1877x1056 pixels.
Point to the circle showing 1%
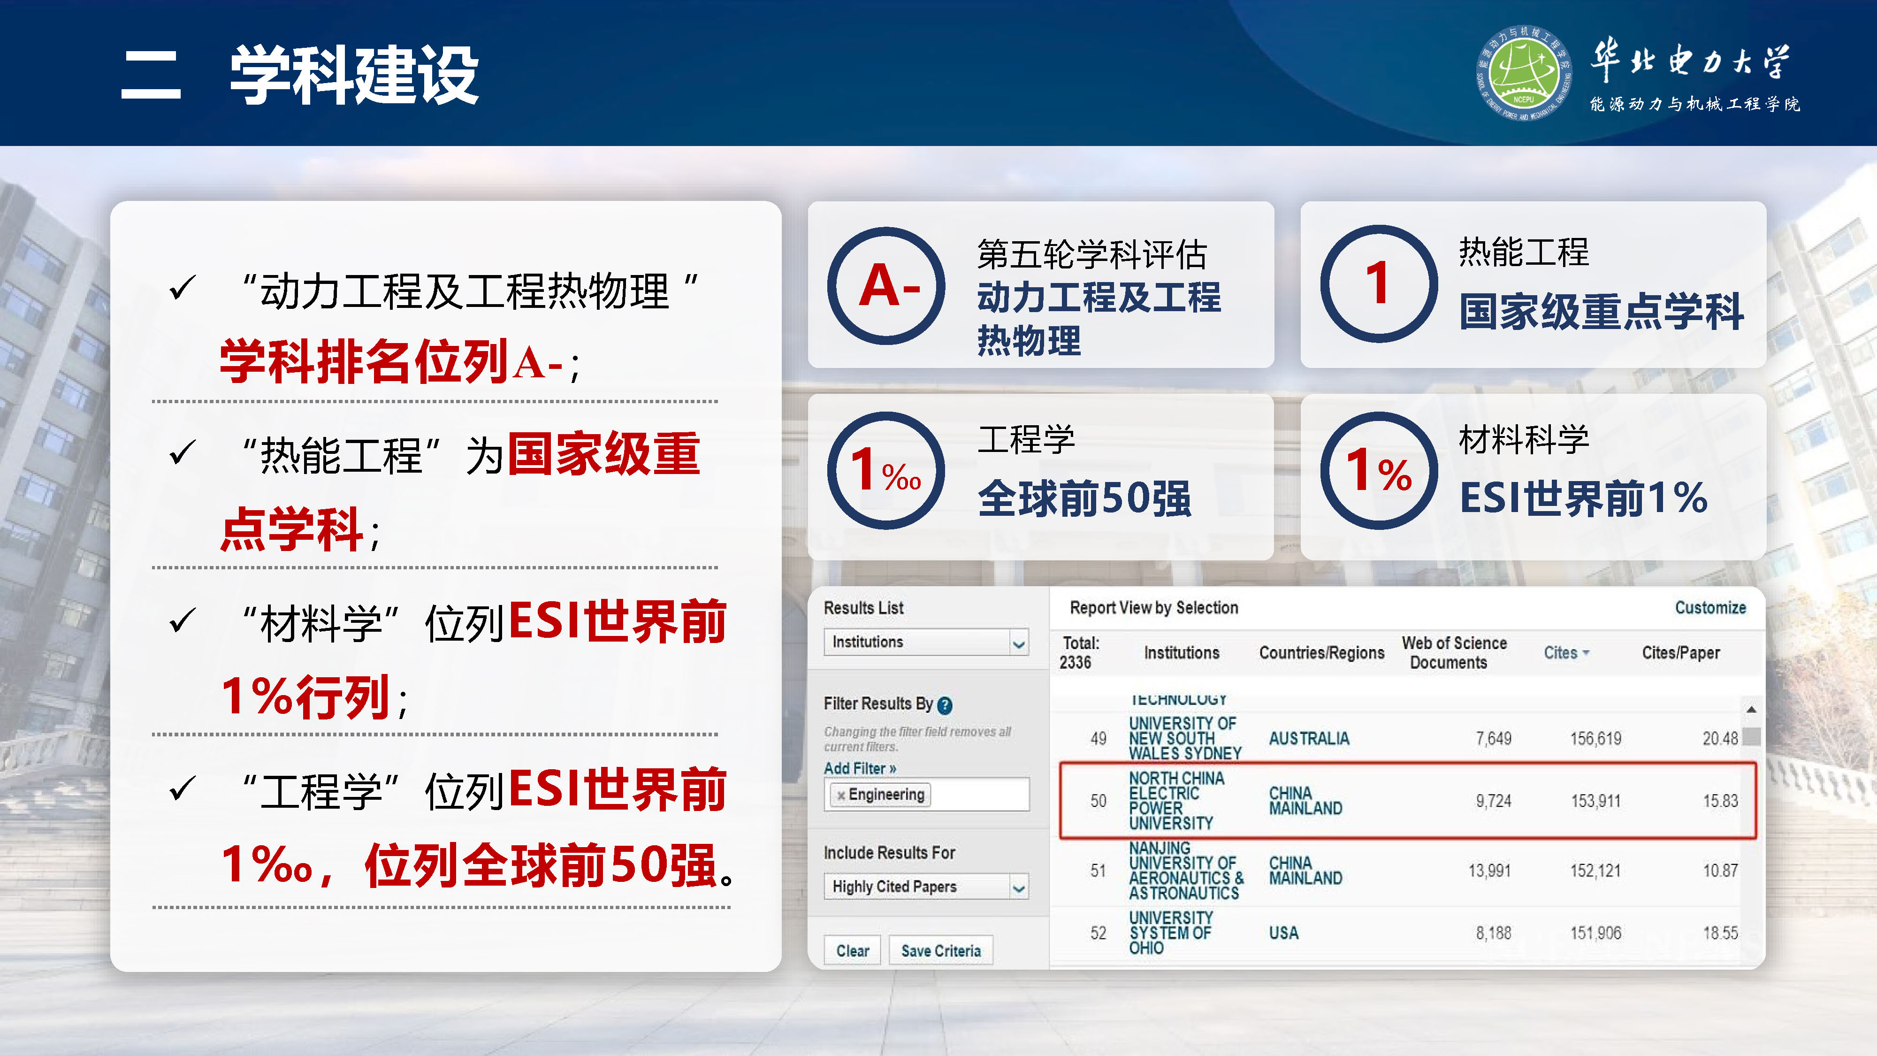tap(1379, 471)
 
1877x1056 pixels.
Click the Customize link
tap(1710, 608)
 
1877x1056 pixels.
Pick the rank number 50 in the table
tap(1098, 801)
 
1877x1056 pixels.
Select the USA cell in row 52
tap(1283, 933)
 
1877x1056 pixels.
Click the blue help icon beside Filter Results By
tap(945, 705)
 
